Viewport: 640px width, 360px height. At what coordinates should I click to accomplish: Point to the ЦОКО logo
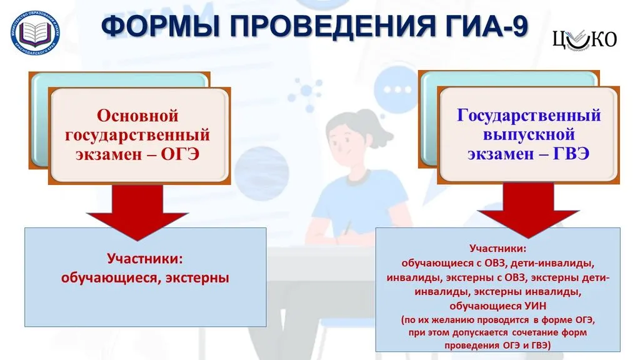pos(584,39)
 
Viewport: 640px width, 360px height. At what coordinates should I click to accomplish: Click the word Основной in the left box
pos(137,116)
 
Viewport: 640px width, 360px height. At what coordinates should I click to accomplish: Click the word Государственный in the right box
pos(529,116)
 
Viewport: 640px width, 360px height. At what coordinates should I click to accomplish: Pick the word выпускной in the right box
pos(529,134)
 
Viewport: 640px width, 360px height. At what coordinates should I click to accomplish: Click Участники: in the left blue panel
pos(145,258)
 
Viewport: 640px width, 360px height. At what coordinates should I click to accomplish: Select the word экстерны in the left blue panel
pos(197,277)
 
